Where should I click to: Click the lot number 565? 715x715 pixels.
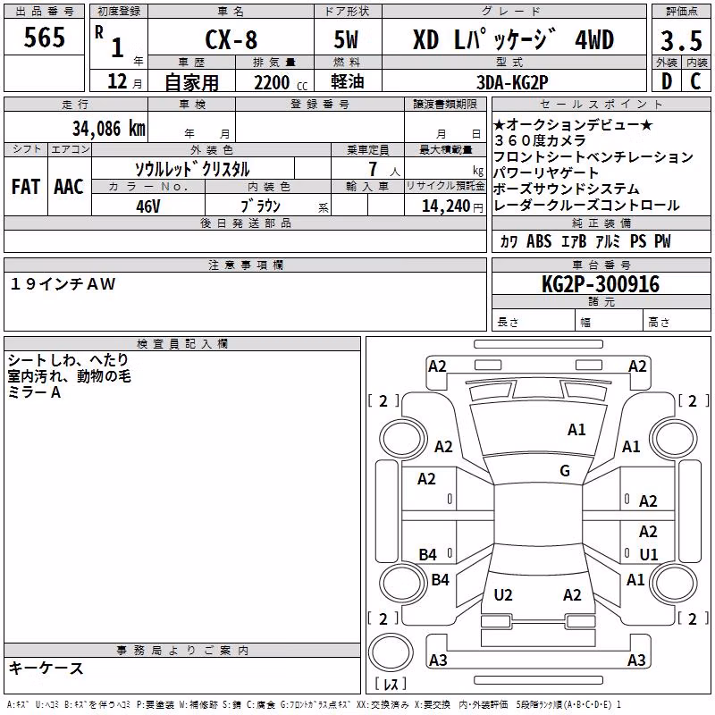coord(44,37)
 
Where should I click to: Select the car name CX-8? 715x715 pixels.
coord(231,39)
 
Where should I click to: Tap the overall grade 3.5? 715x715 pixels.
coord(681,40)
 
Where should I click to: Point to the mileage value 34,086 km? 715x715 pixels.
coord(108,129)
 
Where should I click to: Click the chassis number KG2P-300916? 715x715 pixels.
coord(601,284)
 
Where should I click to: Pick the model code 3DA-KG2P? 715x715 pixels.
coord(512,82)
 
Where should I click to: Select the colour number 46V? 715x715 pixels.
coord(147,206)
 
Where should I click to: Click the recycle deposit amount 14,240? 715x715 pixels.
coord(445,206)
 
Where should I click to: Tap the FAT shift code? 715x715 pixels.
coord(26,187)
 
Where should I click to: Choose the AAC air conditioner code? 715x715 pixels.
coord(69,187)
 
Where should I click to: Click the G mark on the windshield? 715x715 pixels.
coord(565,470)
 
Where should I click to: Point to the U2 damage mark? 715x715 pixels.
coord(503,594)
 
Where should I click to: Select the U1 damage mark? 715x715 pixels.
coord(649,554)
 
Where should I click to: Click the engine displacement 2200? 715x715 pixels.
coord(272,82)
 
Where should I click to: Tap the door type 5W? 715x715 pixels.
coord(346,39)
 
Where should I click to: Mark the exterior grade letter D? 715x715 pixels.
coord(667,81)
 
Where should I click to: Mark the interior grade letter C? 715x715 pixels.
coord(695,81)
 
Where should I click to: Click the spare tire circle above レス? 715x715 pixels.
coord(391,652)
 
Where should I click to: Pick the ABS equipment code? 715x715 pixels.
coord(539,241)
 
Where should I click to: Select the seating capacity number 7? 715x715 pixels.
coord(373,169)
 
